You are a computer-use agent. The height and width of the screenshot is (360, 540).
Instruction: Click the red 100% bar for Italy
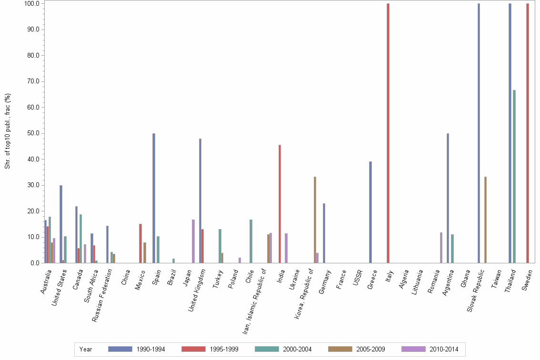[388, 133]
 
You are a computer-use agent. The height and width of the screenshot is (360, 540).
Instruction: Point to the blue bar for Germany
[324, 233]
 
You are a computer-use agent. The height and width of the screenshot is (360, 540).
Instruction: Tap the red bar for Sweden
[528, 133]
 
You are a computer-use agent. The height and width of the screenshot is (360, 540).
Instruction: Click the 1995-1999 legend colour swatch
[194, 349]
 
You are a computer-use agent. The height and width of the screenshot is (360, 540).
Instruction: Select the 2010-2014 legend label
[444, 349]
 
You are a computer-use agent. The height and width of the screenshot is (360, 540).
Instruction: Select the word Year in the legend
[86, 349]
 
